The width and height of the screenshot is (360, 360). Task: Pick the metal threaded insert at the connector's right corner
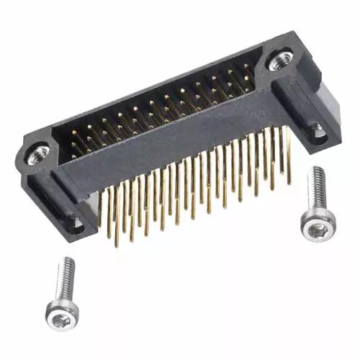coord(279,60)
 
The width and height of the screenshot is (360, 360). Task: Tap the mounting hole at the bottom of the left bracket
coord(74,222)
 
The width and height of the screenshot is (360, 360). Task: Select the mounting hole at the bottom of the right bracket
coord(315,132)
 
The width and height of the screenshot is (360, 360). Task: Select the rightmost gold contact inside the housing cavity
coord(247,72)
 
